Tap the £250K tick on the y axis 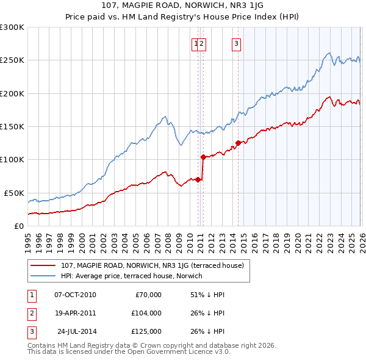[x=12, y=60]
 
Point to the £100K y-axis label [x=12, y=159]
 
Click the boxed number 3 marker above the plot [x=236, y=43]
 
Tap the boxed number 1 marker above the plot [x=196, y=43]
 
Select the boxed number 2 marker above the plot [x=202, y=43]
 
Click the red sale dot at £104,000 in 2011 [x=203, y=157]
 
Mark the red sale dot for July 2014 [x=238, y=143]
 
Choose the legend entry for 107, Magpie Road [x=152, y=265]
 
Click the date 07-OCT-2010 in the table [x=75, y=295]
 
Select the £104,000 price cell [x=146, y=312]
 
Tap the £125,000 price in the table [x=146, y=331]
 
